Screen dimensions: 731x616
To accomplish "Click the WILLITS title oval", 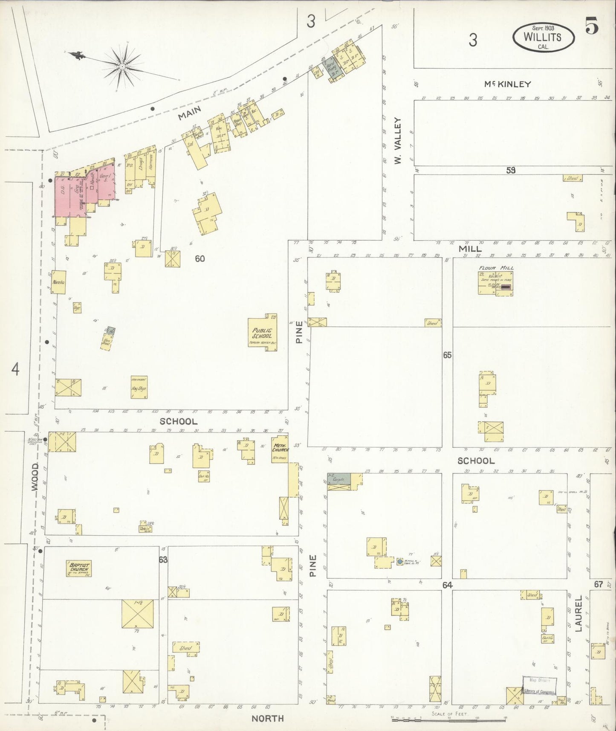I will click(542, 37).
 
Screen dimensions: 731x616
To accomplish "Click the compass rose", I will click(122, 67).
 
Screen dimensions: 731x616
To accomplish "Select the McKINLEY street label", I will click(507, 84).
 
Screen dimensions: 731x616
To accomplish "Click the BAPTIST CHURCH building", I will click(79, 569).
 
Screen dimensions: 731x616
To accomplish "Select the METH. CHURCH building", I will click(280, 449).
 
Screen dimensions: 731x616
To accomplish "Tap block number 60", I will click(200, 258).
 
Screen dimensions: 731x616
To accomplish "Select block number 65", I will click(447, 355).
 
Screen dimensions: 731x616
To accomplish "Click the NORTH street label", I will click(267, 719).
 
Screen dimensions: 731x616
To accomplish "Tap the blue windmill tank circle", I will click(399, 562).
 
